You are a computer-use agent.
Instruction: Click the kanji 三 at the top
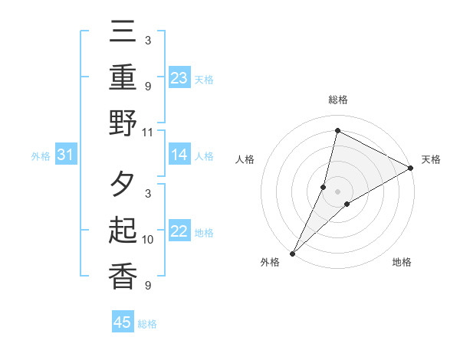123,35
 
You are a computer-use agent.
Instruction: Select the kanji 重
123,79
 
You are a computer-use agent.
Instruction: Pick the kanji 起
123,231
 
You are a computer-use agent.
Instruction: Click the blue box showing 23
179,78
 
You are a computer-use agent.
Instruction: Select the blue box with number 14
179,155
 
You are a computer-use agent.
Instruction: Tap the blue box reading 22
179,232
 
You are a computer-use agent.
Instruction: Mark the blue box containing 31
66,155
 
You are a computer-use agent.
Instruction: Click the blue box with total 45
123,322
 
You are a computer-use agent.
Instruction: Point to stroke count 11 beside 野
148,131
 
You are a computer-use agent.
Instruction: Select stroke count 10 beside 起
148,240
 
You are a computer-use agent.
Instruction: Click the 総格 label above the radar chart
337,100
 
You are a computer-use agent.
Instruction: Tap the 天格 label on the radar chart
431,159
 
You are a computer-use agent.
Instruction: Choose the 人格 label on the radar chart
245,159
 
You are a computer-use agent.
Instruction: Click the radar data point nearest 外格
292,253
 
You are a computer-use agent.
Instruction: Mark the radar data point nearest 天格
410,168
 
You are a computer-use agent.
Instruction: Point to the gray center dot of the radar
337,191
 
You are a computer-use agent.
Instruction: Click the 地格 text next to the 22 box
204,233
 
